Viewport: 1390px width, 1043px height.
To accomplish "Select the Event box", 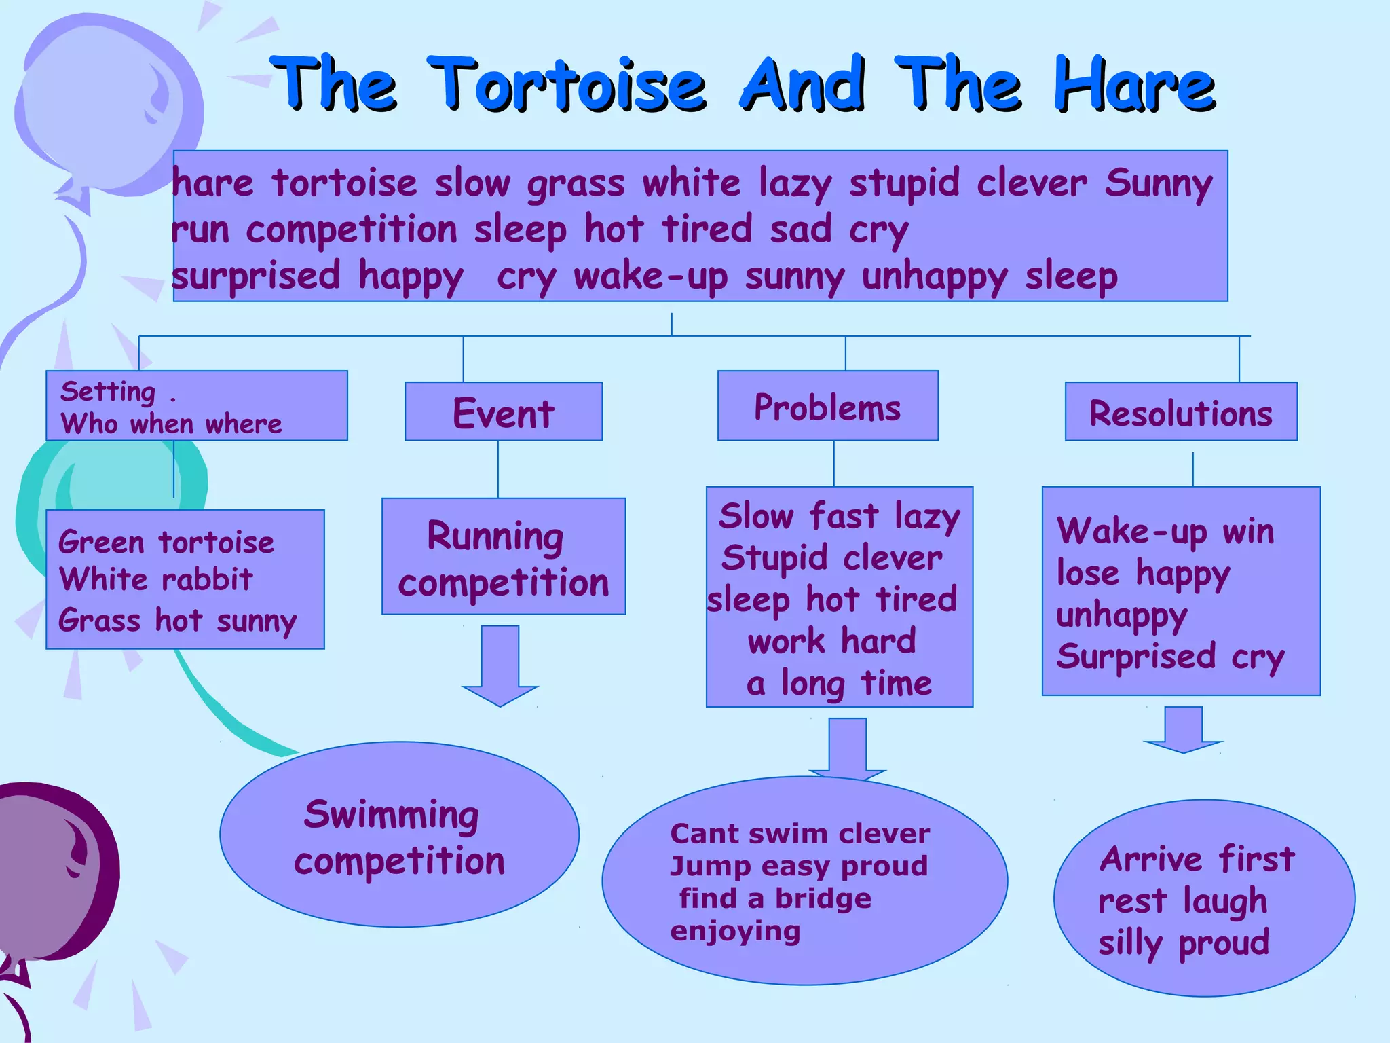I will [504, 411].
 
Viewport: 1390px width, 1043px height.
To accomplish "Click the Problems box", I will [827, 406].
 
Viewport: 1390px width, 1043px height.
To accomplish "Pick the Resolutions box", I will [1181, 411].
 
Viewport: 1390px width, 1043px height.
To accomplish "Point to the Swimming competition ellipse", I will [399, 835].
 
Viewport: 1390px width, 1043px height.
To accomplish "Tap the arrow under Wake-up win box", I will [1184, 730].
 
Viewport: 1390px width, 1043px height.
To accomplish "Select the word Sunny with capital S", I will [1158, 183].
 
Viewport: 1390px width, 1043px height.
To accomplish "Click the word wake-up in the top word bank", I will [650, 276].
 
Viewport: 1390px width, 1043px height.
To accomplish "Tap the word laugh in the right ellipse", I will [1225, 901].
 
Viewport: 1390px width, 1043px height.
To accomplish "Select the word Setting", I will [108, 392].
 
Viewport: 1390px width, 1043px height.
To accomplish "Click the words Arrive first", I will [1197, 859].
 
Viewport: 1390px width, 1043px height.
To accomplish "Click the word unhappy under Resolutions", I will [1121, 616].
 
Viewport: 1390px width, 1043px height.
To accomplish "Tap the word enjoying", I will [735, 932].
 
